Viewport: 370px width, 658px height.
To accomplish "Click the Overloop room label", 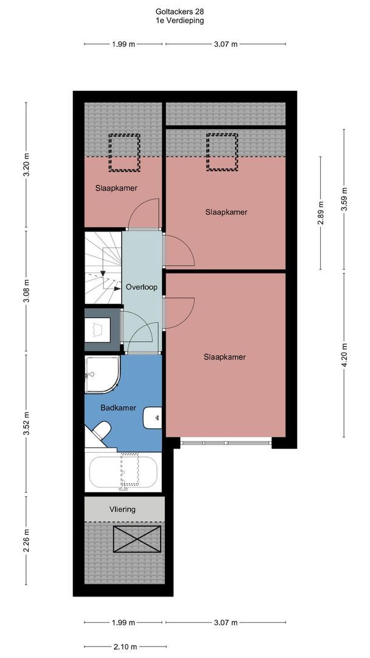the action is click(142, 288).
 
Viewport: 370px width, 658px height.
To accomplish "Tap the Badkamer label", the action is click(118, 408).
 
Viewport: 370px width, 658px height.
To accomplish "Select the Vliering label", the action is click(122, 509).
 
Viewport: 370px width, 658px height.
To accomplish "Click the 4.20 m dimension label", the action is click(344, 355).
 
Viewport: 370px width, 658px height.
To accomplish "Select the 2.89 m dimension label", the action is click(321, 213).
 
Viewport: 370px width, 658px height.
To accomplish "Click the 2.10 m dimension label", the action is click(125, 646).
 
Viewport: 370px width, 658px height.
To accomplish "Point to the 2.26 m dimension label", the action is click(26, 540).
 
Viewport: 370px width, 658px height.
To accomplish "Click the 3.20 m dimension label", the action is click(26, 166).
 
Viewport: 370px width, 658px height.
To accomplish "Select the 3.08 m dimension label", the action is click(26, 292).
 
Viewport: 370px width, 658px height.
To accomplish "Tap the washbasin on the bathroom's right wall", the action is click(153, 418).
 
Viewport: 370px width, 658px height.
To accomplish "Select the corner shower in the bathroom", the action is click(102, 375).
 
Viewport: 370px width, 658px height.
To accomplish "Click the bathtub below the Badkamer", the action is click(123, 472).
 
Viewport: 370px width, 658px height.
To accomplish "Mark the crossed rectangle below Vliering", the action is click(137, 539).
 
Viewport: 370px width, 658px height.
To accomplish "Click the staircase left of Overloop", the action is click(103, 267).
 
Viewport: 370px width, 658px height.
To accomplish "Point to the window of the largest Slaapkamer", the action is click(226, 442).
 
